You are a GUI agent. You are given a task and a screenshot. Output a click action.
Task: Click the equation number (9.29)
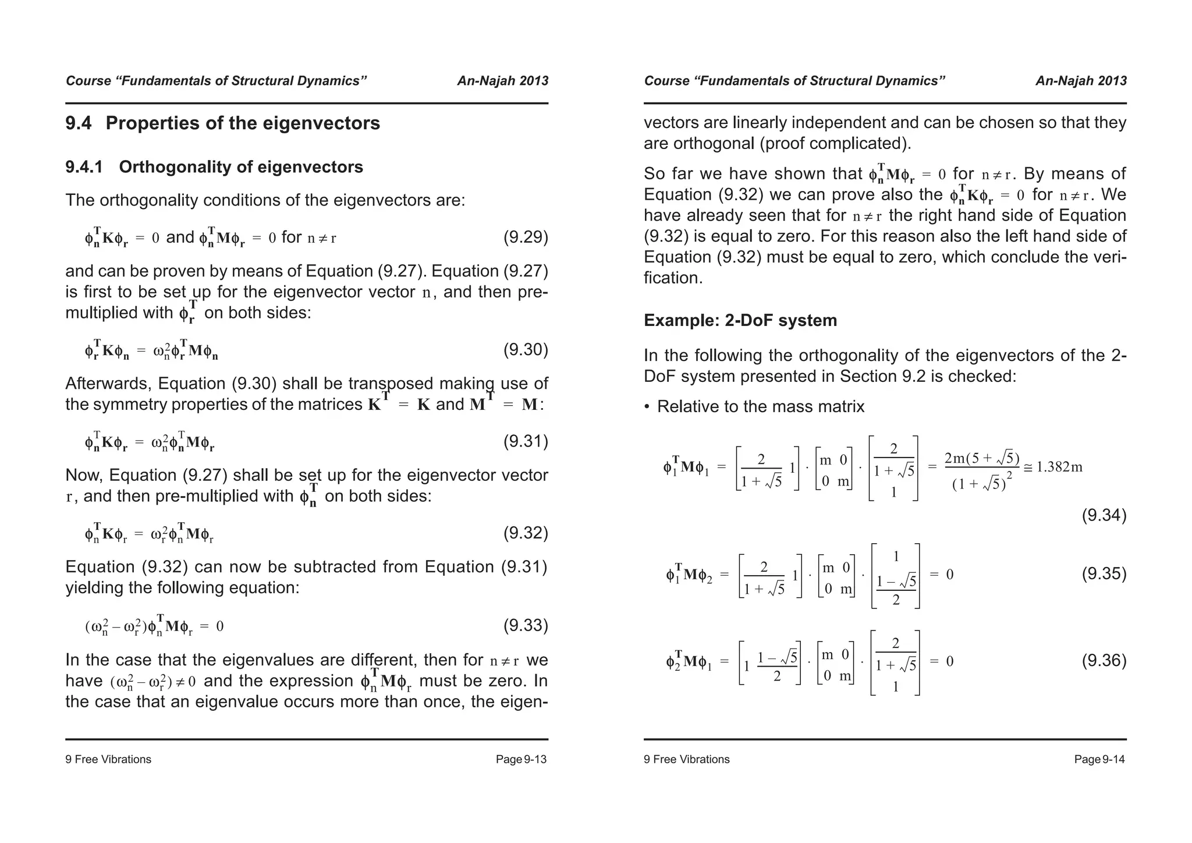525,238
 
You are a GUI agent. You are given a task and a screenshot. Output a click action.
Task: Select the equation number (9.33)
525,626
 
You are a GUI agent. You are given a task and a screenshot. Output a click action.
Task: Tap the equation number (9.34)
1104,515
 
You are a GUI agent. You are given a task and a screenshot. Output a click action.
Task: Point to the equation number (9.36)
1104,661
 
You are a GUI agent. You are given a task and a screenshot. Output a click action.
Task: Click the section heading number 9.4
79,123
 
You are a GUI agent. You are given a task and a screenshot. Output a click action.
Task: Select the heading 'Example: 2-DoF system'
740,320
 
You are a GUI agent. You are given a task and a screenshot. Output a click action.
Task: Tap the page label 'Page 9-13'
521,759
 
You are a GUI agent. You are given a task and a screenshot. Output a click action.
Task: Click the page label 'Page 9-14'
1099,759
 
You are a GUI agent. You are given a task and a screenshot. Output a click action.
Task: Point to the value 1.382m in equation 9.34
1059,467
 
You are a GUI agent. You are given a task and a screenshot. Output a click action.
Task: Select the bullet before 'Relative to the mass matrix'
647,407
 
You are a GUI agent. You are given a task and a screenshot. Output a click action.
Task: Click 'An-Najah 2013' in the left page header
502,81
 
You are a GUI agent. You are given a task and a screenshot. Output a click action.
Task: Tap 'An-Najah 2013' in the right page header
1081,81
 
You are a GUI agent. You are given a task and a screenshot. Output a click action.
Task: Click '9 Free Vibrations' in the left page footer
108,759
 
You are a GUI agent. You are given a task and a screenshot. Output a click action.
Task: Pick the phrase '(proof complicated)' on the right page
835,144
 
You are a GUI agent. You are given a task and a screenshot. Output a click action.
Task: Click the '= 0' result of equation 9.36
941,661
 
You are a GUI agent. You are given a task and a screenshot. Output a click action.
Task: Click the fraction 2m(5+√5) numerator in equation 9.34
981,458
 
